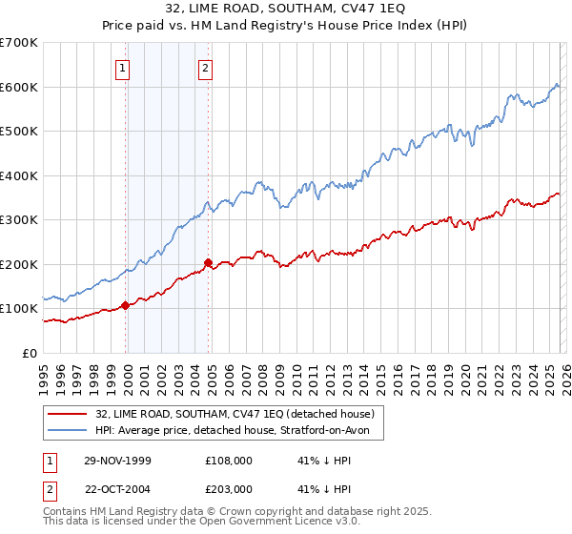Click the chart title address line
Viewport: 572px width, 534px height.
(x=285, y=9)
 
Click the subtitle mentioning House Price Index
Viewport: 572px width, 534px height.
(x=285, y=26)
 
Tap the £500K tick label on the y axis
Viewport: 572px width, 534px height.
(x=19, y=132)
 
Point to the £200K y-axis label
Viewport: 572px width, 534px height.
(x=19, y=264)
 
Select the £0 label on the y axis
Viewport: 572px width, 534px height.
(x=30, y=353)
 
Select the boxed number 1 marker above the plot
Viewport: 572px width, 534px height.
(x=124, y=67)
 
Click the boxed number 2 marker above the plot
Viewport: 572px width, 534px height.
(x=206, y=67)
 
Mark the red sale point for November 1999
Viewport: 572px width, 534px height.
(x=126, y=305)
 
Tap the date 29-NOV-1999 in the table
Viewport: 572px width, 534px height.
(x=117, y=460)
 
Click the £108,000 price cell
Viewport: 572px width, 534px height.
(x=228, y=460)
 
